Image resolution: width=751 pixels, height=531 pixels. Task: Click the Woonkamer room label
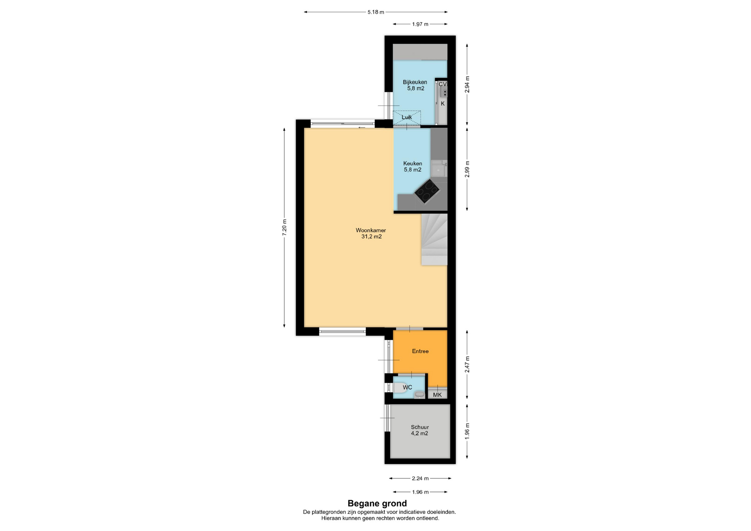(x=370, y=230)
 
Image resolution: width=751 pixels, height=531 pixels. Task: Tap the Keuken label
(x=413, y=163)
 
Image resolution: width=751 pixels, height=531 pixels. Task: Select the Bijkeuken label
(x=415, y=82)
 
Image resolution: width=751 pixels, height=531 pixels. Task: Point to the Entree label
(x=420, y=351)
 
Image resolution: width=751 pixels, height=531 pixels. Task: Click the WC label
(x=407, y=387)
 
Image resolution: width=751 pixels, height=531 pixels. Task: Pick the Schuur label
(x=420, y=427)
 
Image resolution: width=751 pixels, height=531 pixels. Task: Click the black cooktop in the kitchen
(x=427, y=191)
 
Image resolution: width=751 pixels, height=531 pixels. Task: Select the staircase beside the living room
(x=434, y=239)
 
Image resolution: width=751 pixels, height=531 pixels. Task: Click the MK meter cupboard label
(x=437, y=395)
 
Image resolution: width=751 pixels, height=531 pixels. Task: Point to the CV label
(x=442, y=84)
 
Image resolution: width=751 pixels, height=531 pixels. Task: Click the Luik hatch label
(x=407, y=117)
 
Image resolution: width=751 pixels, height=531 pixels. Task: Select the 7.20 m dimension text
(x=284, y=227)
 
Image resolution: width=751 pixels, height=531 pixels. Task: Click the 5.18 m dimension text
(x=375, y=12)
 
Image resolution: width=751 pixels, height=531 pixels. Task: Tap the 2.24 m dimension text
(x=420, y=478)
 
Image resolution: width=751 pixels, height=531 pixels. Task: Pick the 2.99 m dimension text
(x=467, y=169)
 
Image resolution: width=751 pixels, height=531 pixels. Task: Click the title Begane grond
(x=377, y=504)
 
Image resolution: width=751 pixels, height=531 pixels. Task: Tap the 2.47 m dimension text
(x=467, y=364)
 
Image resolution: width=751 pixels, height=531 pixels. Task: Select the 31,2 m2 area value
(x=371, y=237)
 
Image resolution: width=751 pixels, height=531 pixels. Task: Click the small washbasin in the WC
(x=419, y=395)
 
